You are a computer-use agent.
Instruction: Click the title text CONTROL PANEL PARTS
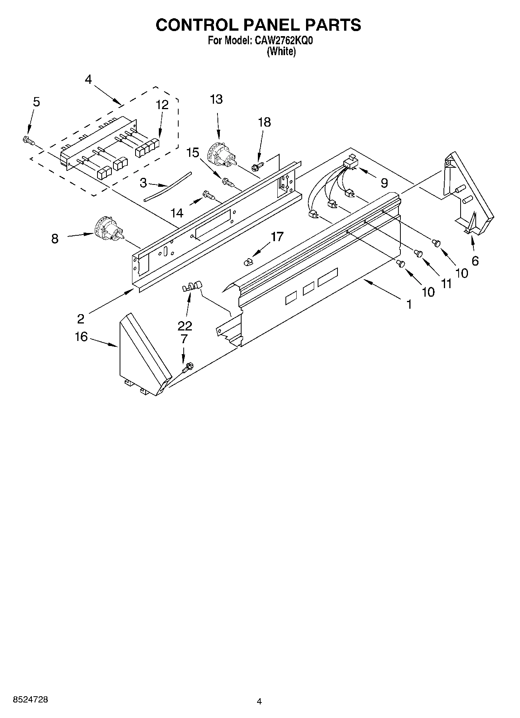click(x=258, y=25)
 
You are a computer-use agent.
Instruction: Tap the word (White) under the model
click(x=282, y=52)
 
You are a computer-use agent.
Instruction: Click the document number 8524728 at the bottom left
click(x=31, y=699)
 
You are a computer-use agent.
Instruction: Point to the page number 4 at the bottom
click(x=259, y=701)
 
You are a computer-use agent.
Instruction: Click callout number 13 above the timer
click(x=216, y=100)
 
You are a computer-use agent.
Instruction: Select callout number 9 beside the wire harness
click(x=384, y=183)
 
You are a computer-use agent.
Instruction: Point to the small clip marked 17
click(x=248, y=263)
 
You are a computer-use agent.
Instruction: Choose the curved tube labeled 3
click(x=168, y=186)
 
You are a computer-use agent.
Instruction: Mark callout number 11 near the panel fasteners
click(x=446, y=284)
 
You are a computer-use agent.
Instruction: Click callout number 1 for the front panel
click(x=409, y=305)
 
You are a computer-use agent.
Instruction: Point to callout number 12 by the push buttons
click(x=162, y=105)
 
